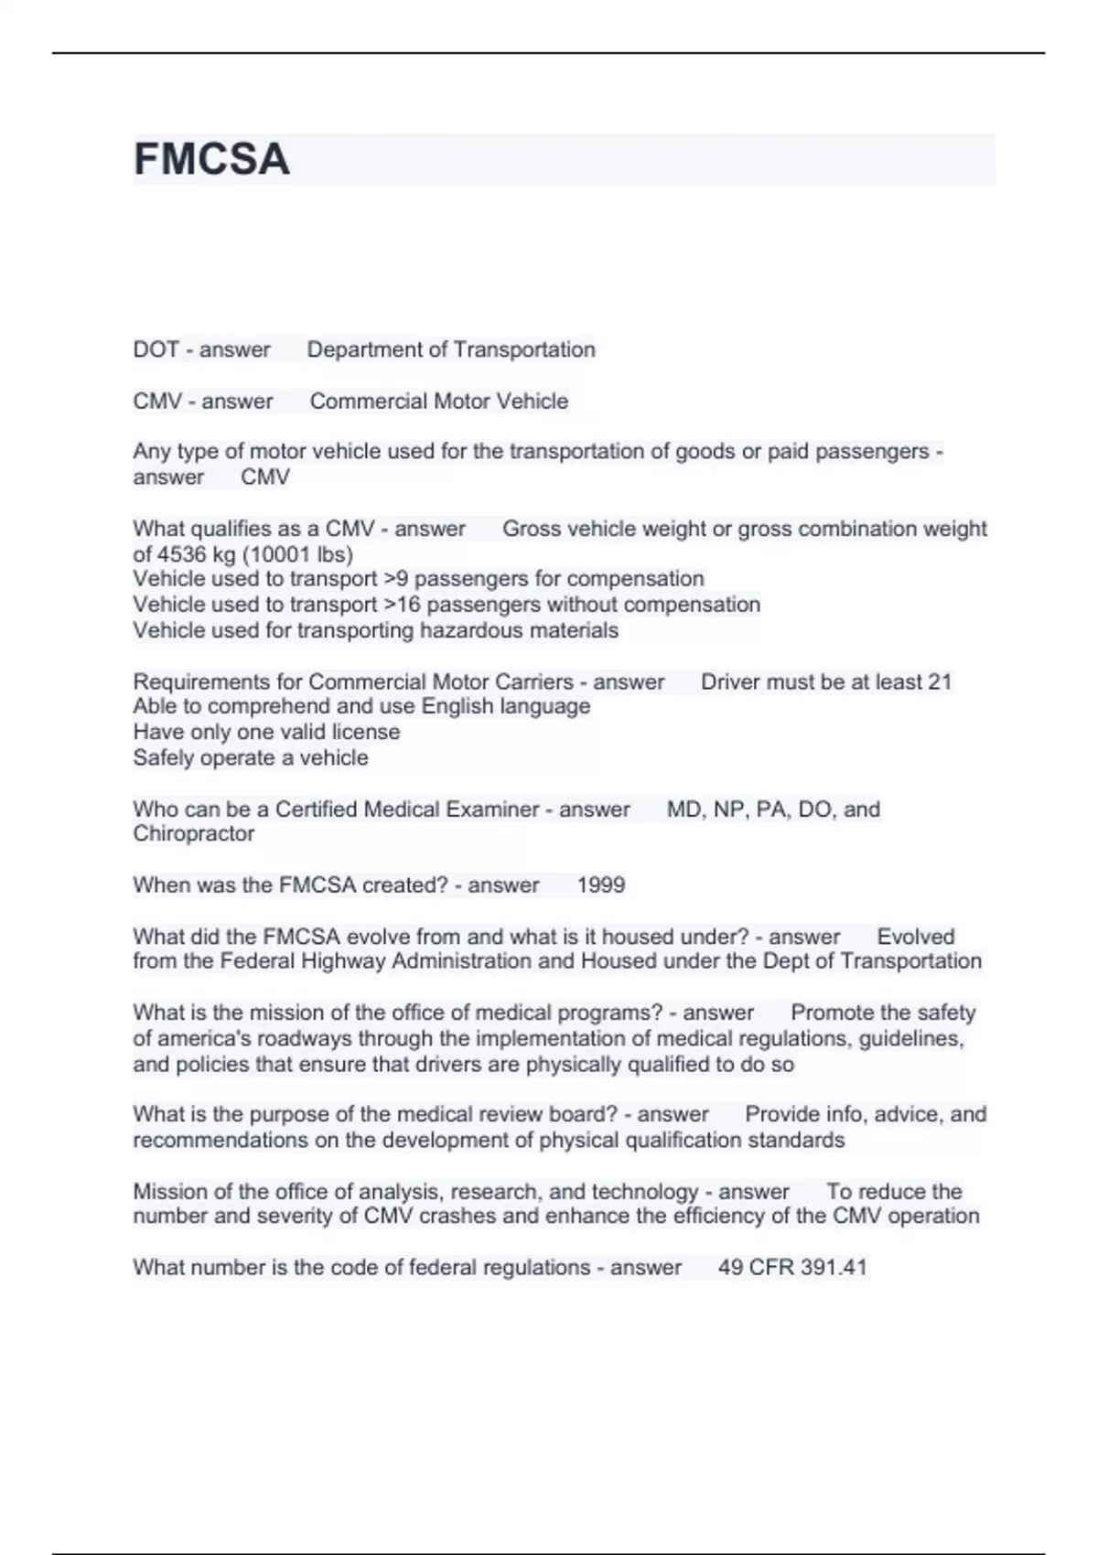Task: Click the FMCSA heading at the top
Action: coord(211,159)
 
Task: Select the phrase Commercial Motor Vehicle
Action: coord(438,402)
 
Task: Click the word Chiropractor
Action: coord(193,834)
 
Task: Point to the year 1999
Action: coord(601,885)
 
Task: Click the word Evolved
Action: coord(915,937)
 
